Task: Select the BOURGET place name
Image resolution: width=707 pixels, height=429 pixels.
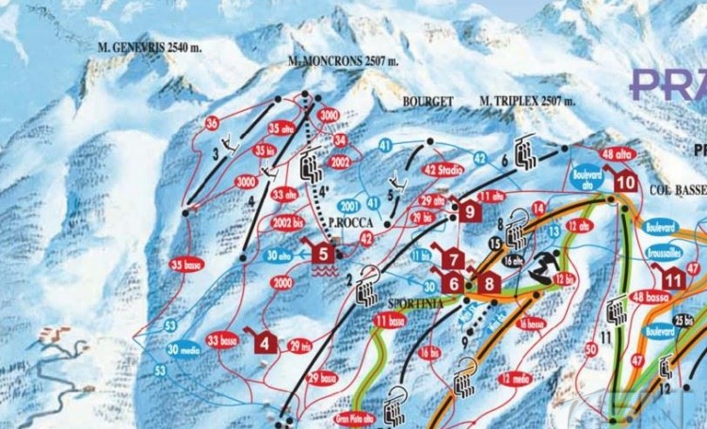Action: [x=428, y=101]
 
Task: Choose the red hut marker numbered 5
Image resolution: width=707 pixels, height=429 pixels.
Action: [x=323, y=252]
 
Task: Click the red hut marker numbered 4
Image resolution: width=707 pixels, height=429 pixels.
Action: [x=266, y=342]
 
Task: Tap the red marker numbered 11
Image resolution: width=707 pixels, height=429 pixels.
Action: [x=671, y=279]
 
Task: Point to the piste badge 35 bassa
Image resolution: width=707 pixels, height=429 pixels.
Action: [x=191, y=265]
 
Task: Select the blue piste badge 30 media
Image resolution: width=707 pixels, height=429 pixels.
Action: [x=185, y=349]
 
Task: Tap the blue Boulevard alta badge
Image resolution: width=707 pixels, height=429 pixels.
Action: [x=586, y=178]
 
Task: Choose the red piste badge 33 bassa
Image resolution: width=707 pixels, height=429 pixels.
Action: [x=222, y=340]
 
